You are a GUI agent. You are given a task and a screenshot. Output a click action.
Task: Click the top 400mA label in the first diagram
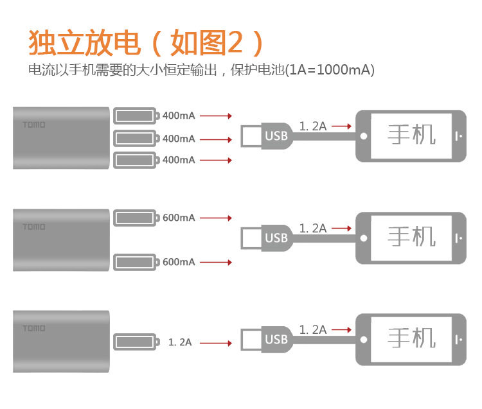pyautogui.click(x=179, y=116)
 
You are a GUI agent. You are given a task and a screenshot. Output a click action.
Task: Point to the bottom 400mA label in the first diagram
pyautogui.click(x=179, y=160)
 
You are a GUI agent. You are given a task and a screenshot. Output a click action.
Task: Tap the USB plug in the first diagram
pyautogui.click(x=276, y=135)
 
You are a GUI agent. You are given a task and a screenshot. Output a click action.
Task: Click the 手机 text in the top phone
pyautogui.click(x=412, y=135)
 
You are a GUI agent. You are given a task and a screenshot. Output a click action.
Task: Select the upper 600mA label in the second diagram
pyautogui.click(x=179, y=218)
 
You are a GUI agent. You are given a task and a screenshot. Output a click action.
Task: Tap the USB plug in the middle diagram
pyautogui.click(x=276, y=238)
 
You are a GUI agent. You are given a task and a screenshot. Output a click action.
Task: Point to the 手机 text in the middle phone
pyautogui.click(x=412, y=237)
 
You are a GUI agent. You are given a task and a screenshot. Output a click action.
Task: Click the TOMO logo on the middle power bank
pyautogui.click(x=34, y=227)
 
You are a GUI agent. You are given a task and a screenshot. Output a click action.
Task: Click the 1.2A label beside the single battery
pyautogui.click(x=180, y=342)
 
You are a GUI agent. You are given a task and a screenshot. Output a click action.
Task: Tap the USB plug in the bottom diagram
pyautogui.click(x=276, y=339)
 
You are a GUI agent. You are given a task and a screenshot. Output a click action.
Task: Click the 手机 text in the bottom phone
pyautogui.click(x=412, y=338)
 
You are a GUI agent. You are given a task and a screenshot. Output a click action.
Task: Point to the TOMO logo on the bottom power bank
pyautogui.click(x=34, y=328)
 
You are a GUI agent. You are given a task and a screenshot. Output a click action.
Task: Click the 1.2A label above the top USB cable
pyautogui.click(x=313, y=126)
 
